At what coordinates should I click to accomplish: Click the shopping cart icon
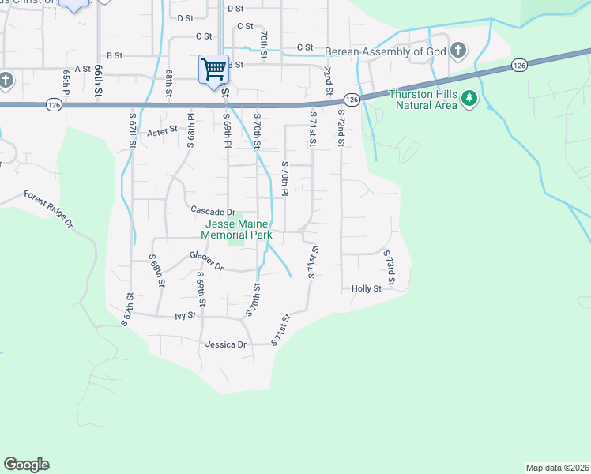tap(213, 69)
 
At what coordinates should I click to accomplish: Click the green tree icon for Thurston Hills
tap(470, 97)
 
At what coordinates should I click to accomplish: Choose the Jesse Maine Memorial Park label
tap(236, 229)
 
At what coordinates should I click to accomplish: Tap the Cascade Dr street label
tap(213, 211)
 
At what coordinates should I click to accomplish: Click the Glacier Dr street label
tap(207, 261)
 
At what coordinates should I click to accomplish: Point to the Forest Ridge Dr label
tap(48, 209)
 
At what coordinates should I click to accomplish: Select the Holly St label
tap(366, 289)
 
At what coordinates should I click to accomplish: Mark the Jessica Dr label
tap(226, 344)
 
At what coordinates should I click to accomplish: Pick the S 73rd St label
tap(389, 269)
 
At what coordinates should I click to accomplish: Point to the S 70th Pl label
tap(287, 179)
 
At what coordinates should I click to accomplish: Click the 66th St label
tap(100, 81)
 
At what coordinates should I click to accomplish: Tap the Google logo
tap(26, 465)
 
